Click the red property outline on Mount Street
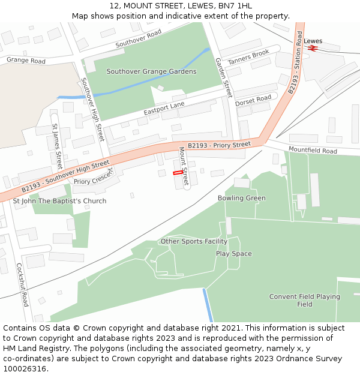[178, 173]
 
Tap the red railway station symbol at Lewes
[312, 48]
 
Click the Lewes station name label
[313, 41]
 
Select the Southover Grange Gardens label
[151, 71]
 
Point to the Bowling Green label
[241, 198]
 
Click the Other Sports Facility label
[194, 241]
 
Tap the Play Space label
[234, 254]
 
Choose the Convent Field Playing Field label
[304, 300]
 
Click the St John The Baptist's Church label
[60, 201]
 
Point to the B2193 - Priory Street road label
[219, 145]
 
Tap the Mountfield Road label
[313, 150]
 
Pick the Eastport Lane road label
[164, 109]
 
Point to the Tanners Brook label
[248, 57]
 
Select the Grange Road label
[26, 61]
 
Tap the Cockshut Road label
[22, 284]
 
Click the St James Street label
[57, 146]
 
